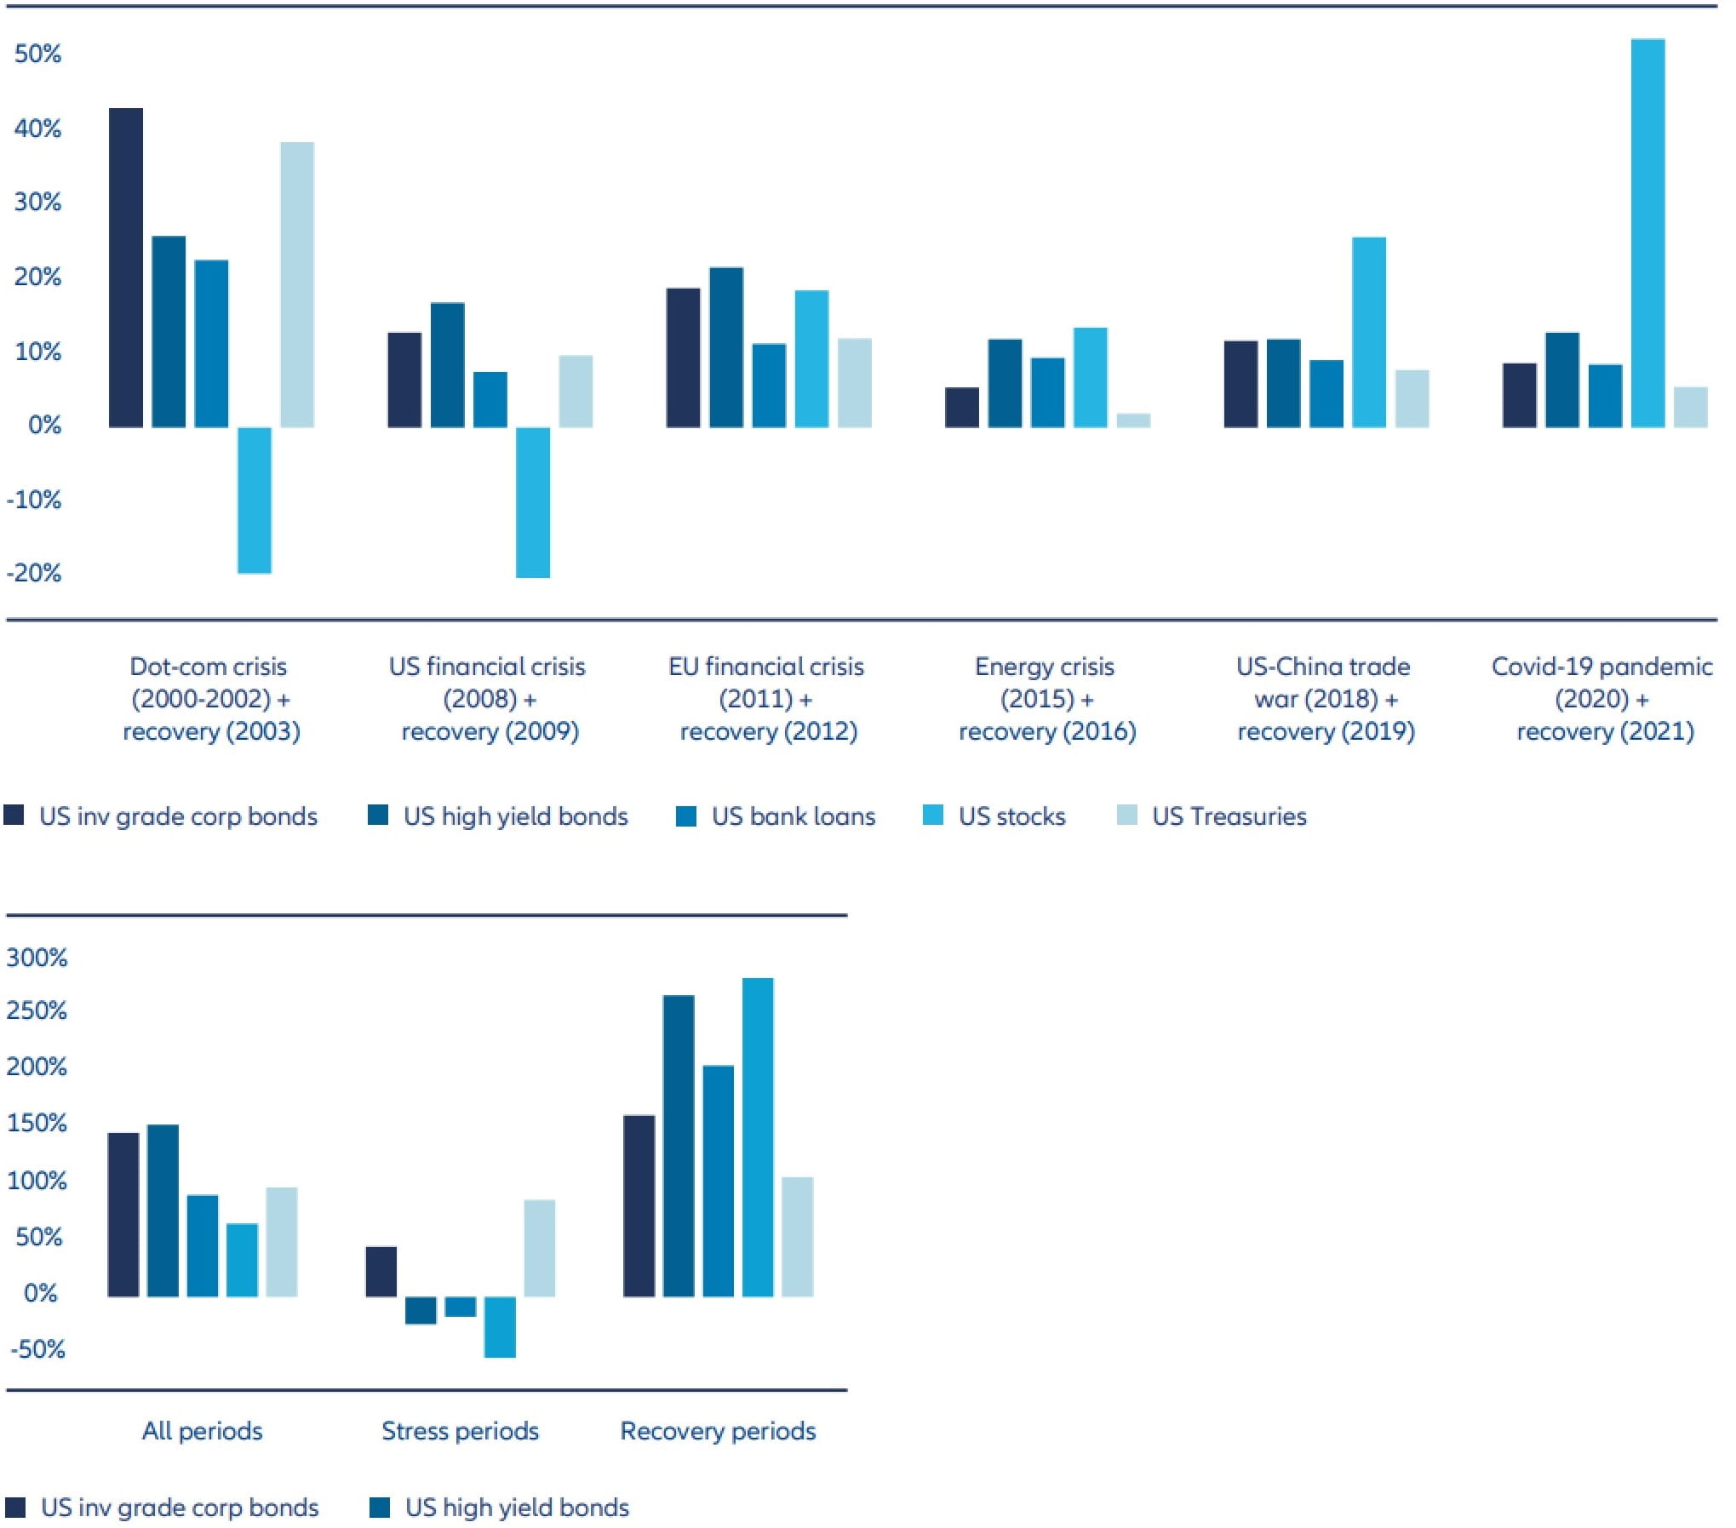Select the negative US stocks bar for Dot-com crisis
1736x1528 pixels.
click(x=254, y=500)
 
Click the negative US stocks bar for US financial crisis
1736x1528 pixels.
click(x=532, y=501)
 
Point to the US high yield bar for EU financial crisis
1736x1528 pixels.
click(x=725, y=346)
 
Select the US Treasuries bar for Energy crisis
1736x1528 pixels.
click(x=1132, y=420)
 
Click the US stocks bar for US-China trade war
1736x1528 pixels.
click(x=1368, y=331)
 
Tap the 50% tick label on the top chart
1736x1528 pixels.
click(x=37, y=54)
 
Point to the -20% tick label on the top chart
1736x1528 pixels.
click(x=34, y=572)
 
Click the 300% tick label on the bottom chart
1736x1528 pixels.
click(x=37, y=957)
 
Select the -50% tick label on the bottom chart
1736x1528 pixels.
click(x=37, y=1348)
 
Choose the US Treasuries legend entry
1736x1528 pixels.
click(x=1228, y=816)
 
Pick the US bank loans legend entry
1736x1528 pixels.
click(x=793, y=816)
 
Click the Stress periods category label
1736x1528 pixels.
click(x=460, y=1430)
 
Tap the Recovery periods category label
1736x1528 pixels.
click(x=717, y=1430)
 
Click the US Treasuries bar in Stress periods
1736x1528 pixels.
click(x=539, y=1248)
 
